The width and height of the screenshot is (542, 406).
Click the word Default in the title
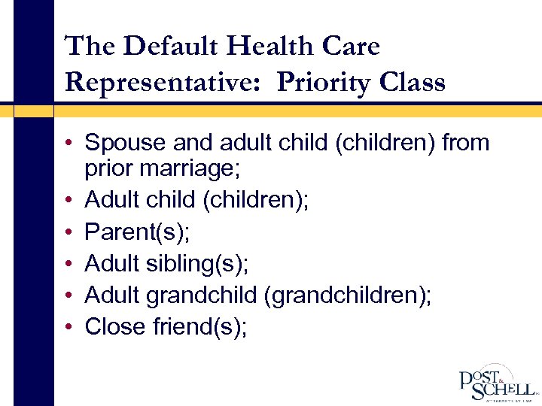click(x=171, y=47)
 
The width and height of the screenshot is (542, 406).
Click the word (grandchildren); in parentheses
click(x=348, y=295)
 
